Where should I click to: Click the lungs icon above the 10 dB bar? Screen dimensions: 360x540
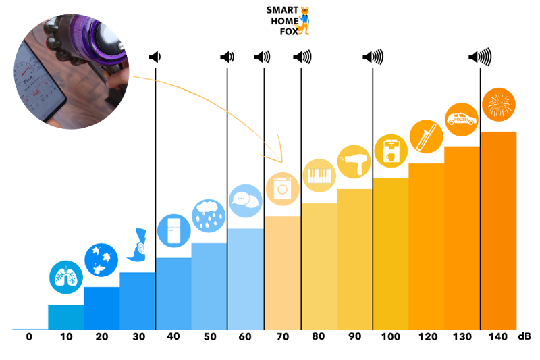coord(66,277)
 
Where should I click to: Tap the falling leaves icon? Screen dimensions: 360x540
coord(101,259)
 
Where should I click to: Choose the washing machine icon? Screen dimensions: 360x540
coord(281,188)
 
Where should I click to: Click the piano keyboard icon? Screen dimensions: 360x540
coord(319,176)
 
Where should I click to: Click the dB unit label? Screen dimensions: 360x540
coord(524,336)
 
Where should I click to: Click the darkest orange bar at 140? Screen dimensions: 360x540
coord(498,230)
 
